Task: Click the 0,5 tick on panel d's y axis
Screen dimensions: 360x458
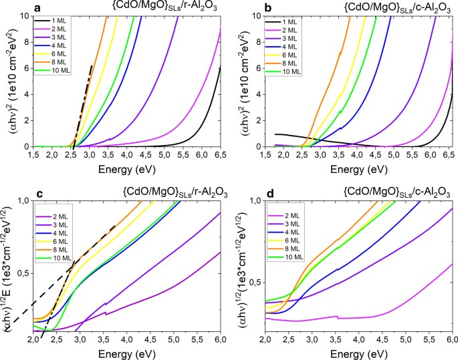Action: (255, 283)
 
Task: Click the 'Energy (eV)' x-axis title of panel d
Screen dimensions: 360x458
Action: (359, 351)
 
